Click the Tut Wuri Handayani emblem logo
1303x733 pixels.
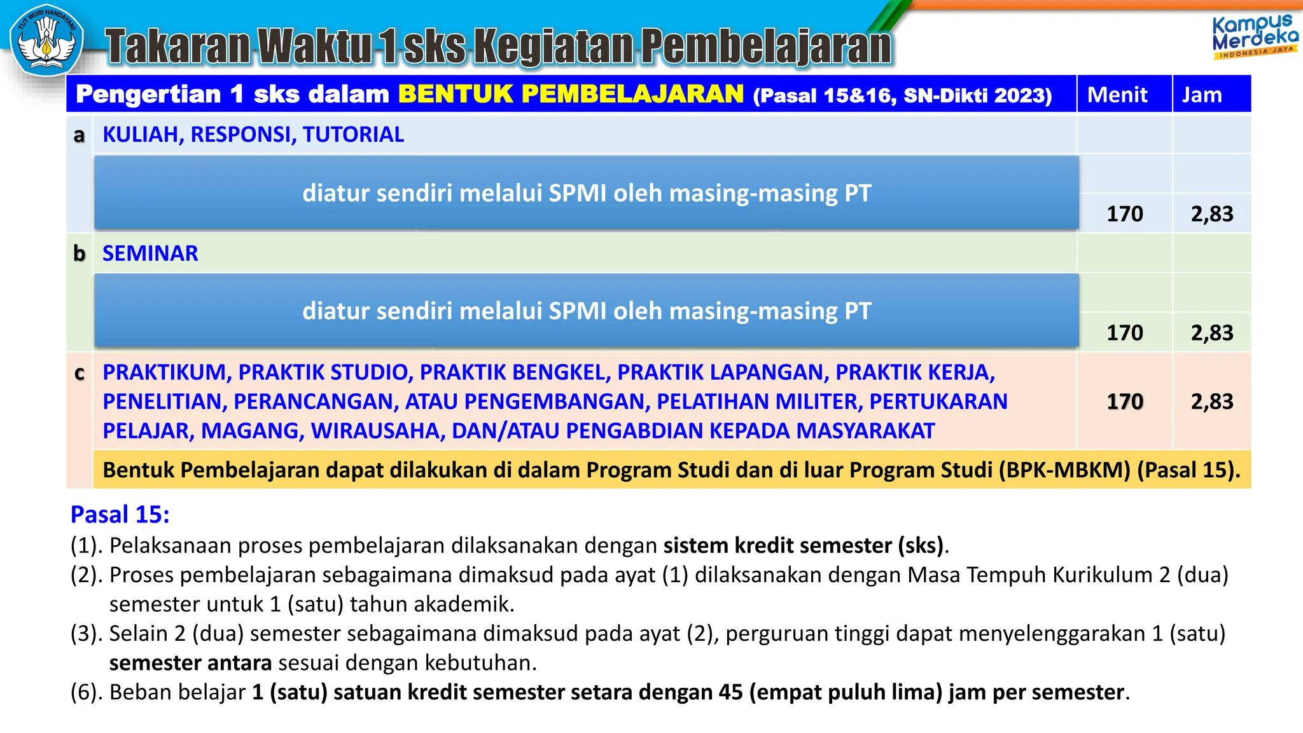pos(46,39)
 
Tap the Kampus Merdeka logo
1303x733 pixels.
pos(1254,37)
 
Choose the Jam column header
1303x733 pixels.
pos(1201,95)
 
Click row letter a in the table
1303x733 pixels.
pos(79,135)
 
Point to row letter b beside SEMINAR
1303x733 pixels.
pos(79,253)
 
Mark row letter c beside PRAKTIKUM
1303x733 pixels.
pos(79,373)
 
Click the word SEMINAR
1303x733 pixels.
pos(150,253)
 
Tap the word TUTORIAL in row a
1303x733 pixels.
pos(353,135)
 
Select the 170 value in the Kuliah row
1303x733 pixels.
pos(1124,214)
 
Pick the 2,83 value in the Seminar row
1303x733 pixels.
pos(1211,333)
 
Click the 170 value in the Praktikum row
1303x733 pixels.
pos(1124,401)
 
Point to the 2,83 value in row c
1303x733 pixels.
pos(1211,401)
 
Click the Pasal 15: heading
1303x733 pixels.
pos(120,514)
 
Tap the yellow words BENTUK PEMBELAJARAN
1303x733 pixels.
pos(571,94)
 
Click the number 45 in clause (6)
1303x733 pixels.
pos(730,692)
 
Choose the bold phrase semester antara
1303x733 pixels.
pos(190,662)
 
